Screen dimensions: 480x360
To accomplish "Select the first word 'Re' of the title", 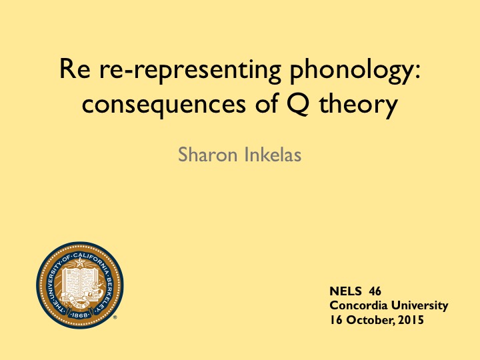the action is click(75, 69).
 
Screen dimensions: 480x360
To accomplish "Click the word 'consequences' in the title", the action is click(164, 105).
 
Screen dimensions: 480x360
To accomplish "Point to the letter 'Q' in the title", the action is click(298, 104).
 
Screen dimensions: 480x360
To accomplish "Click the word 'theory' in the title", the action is click(359, 105).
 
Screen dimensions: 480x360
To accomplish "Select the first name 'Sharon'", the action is click(208, 155).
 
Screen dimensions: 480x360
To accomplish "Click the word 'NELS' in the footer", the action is click(345, 291).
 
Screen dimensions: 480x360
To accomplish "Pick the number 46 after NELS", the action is click(375, 291).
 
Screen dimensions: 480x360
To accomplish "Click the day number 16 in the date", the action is click(336, 320).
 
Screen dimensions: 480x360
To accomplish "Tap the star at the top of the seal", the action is click(80, 263).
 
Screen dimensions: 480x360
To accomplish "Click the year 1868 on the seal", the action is click(79, 315).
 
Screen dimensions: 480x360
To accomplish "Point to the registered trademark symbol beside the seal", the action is click(115, 317).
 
